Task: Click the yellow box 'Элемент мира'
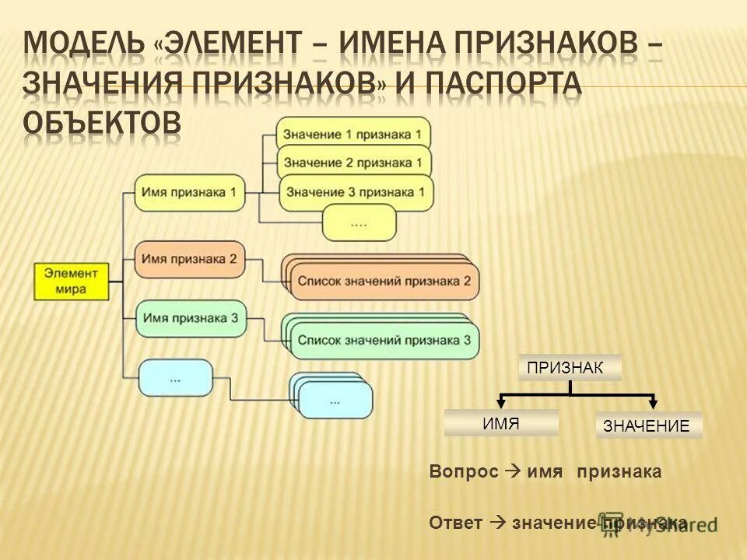point(71,281)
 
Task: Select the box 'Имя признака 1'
point(190,192)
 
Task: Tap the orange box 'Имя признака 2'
point(190,259)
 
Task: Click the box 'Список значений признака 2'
point(384,281)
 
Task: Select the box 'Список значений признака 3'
point(384,340)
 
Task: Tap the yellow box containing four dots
point(359,222)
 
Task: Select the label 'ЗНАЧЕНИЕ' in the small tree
point(648,425)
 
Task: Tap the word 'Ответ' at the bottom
point(455,523)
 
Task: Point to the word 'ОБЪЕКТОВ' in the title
point(101,123)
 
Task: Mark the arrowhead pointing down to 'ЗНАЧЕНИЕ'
point(654,403)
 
